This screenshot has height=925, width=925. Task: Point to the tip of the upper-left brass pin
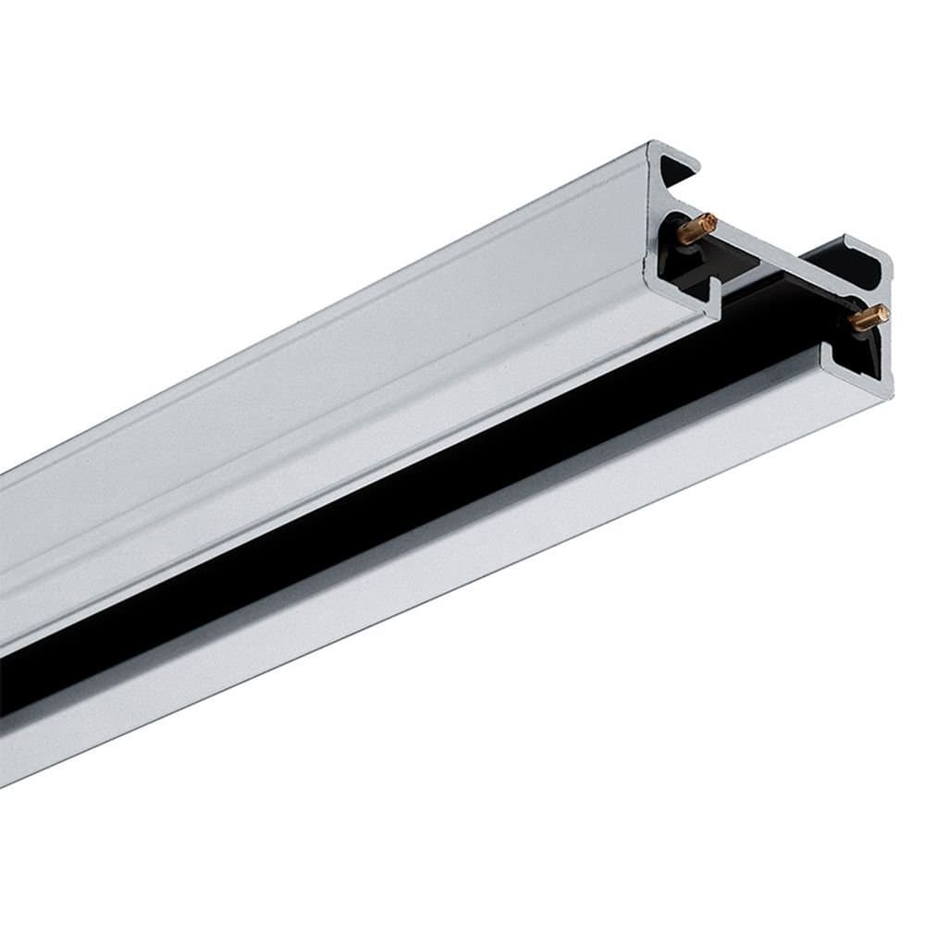[710, 221]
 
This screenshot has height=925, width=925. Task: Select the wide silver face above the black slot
[324, 388]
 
